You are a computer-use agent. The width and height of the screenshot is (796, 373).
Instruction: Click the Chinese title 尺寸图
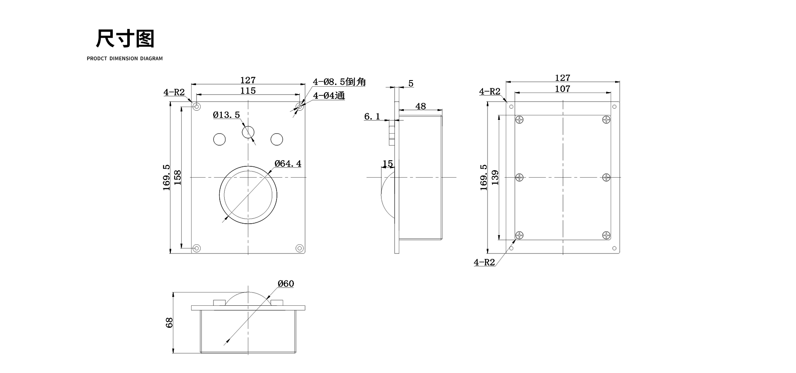point(125,39)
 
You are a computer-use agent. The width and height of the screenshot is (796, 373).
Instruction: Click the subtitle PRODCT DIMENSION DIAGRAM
point(125,59)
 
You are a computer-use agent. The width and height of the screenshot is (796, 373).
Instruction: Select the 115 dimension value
point(248,90)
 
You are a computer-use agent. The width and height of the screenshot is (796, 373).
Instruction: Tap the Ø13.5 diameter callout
point(226,115)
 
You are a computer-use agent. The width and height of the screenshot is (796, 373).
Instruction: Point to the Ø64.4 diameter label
point(288,163)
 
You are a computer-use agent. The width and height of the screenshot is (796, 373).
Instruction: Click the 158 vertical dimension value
point(177,177)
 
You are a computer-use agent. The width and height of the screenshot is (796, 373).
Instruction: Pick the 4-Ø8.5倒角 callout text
point(339,82)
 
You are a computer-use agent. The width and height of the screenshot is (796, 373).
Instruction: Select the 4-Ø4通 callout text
point(329,95)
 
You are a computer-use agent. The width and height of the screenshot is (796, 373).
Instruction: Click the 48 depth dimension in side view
point(420,106)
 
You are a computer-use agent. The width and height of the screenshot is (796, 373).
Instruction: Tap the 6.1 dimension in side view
point(372,117)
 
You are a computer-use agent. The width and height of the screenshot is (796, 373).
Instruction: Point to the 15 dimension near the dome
point(388,164)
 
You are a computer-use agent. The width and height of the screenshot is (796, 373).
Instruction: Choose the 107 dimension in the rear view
point(562,89)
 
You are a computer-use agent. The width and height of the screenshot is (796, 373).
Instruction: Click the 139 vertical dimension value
point(495,177)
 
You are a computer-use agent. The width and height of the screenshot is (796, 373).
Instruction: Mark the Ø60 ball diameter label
point(286,284)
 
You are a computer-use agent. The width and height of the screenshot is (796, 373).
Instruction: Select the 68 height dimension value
point(169,322)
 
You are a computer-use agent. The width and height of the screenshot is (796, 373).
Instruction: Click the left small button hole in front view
point(219,139)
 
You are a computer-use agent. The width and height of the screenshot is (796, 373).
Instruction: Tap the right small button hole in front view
point(277,139)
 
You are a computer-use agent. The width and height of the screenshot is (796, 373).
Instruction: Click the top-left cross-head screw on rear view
point(519,120)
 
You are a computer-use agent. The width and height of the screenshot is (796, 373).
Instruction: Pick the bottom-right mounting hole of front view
point(299,248)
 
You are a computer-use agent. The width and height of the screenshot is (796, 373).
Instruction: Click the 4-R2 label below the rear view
point(484,262)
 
